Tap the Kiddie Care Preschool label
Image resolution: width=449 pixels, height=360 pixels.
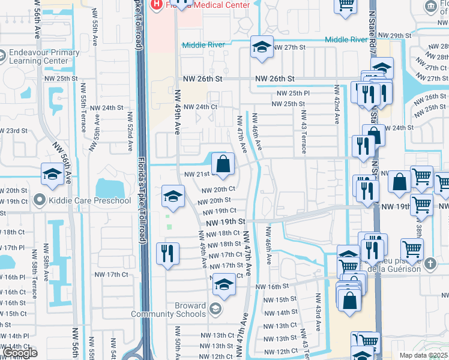click(90, 200)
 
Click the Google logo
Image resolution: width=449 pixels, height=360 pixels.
click(20, 353)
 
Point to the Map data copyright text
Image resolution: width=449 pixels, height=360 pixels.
click(423, 355)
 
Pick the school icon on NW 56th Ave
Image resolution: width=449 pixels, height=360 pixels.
click(52, 175)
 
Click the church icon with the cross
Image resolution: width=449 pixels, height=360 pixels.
click(430, 263)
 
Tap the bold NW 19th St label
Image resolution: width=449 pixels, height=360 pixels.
click(226, 221)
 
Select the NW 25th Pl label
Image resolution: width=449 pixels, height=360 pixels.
click(293, 93)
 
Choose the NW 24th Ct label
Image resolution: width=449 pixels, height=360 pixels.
click(200, 107)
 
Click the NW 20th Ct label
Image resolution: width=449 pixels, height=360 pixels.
click(218, 189)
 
